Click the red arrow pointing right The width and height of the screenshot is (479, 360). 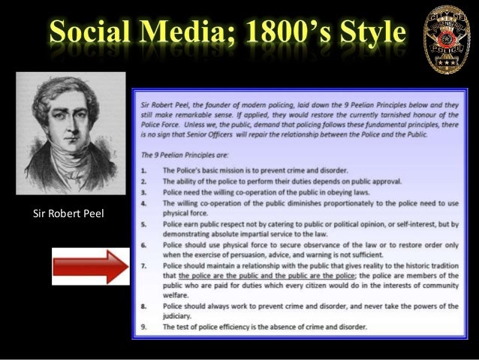89,267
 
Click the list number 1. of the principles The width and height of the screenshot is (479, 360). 146,171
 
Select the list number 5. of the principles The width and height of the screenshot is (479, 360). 146,224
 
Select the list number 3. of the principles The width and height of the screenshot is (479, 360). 146,192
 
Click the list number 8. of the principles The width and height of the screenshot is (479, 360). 146,307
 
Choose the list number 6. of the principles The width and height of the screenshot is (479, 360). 146,246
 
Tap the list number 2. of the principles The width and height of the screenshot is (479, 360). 146,181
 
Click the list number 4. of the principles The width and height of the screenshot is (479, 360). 146,202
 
